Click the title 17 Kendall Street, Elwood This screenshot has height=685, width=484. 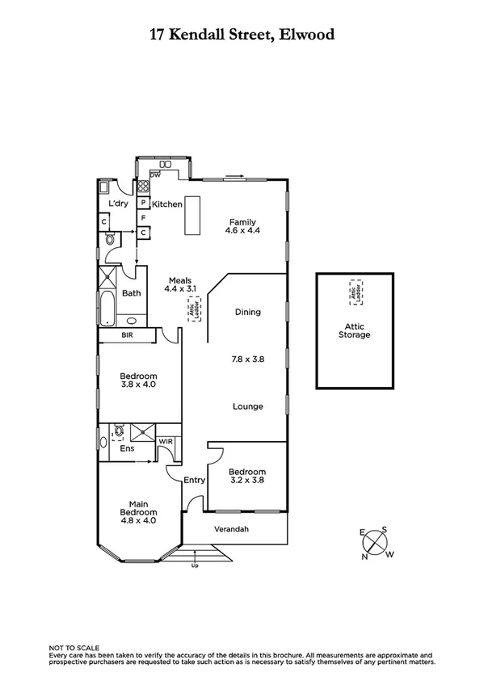click(242, 34)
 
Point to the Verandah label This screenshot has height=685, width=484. click(230, 530)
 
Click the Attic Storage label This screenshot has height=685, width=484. click(355, 330)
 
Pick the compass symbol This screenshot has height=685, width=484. click(376, 543)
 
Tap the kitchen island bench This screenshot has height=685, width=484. click(191, 216)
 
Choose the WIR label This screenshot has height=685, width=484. click(166, 442)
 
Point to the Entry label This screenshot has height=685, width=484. click(194, 480)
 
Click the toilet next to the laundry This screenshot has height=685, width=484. click(110, 238)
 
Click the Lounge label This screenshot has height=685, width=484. click(247, 406)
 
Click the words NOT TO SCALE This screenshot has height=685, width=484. click(74, 648)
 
